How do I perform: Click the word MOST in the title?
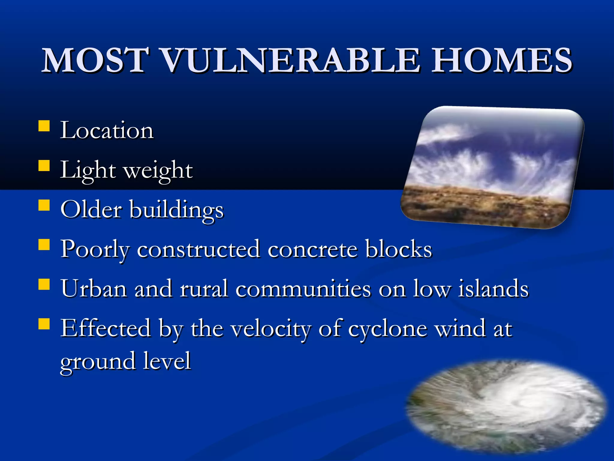95,61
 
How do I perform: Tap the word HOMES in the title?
501,61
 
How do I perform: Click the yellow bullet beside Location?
44,126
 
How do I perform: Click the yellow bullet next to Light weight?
44,166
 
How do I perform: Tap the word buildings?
177,210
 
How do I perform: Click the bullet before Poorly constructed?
44,245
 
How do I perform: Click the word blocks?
398,249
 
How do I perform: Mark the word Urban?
94,289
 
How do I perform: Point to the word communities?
303,289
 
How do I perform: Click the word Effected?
106,328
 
